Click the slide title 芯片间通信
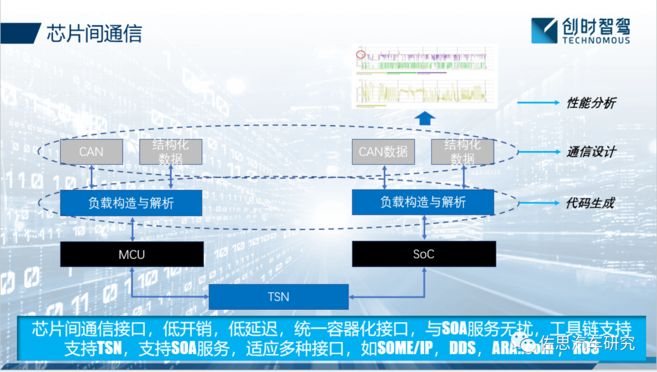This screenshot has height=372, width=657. coord(94,33)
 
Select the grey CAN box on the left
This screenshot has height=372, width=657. coord(91,152)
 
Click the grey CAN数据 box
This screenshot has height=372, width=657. coord(383,152)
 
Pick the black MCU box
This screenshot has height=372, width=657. coord(131,254)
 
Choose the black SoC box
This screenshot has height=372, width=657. coord(423,254)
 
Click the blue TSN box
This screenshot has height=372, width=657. coord(279,297)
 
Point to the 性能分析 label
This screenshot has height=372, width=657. coord(591,103)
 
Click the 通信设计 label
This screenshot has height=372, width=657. coord(591,152)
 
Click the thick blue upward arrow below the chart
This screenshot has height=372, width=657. coord(425,118)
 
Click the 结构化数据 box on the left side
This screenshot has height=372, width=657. coord(170,152)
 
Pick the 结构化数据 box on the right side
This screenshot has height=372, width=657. coord(462,152)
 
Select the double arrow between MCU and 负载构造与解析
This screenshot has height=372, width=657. coord(131,228)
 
